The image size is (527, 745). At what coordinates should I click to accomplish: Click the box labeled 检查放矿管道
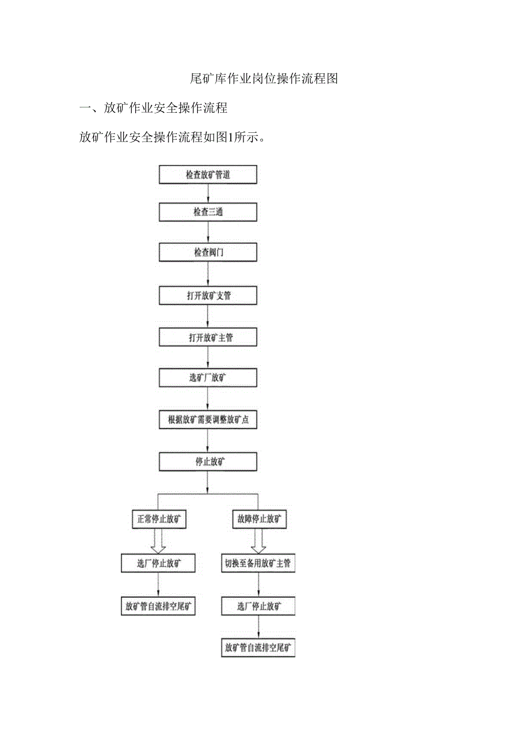(x=208, y=175)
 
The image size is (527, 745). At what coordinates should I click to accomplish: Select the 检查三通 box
(x=208, y=212)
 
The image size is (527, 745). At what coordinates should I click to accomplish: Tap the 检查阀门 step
(x=208, y=252)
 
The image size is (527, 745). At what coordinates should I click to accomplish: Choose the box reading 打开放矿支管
(x=208, y=296)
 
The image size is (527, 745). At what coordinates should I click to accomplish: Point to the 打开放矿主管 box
(x=208, y=337)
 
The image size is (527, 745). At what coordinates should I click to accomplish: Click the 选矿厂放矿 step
(x=208, y=378)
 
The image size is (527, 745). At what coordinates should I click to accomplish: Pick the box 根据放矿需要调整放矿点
(x=208, y=419)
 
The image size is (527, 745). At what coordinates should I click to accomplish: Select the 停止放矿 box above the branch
(x=208, y=462)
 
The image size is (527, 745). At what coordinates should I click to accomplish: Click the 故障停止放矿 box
(x=259, y=520)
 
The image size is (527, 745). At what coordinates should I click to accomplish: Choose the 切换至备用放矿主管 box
(x=258, y=563)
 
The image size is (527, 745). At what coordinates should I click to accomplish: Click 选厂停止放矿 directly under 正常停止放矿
(x=158, y=563)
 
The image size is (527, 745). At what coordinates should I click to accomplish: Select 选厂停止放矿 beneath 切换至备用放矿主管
(x=258, y=606)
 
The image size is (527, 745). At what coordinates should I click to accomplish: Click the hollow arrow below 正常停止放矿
(x=158, y=541)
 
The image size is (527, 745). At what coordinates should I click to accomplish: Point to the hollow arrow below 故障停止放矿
(x=258, y=541)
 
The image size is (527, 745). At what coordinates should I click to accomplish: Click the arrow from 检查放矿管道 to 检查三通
(x=208, y=194)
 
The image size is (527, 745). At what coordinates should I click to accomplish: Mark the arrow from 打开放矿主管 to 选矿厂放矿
(x=208, y=358)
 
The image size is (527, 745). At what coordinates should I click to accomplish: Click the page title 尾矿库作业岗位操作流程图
(x=263, y=79)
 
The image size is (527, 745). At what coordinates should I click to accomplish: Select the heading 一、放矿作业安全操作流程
(x=154, y=108)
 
